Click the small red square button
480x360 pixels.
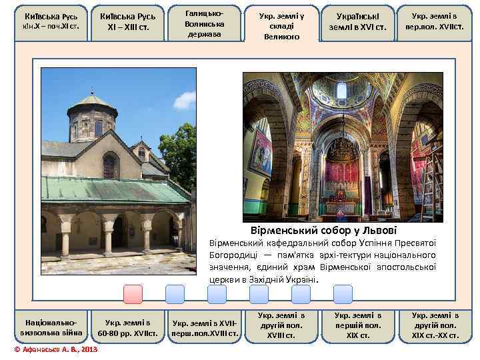point(133,295)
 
